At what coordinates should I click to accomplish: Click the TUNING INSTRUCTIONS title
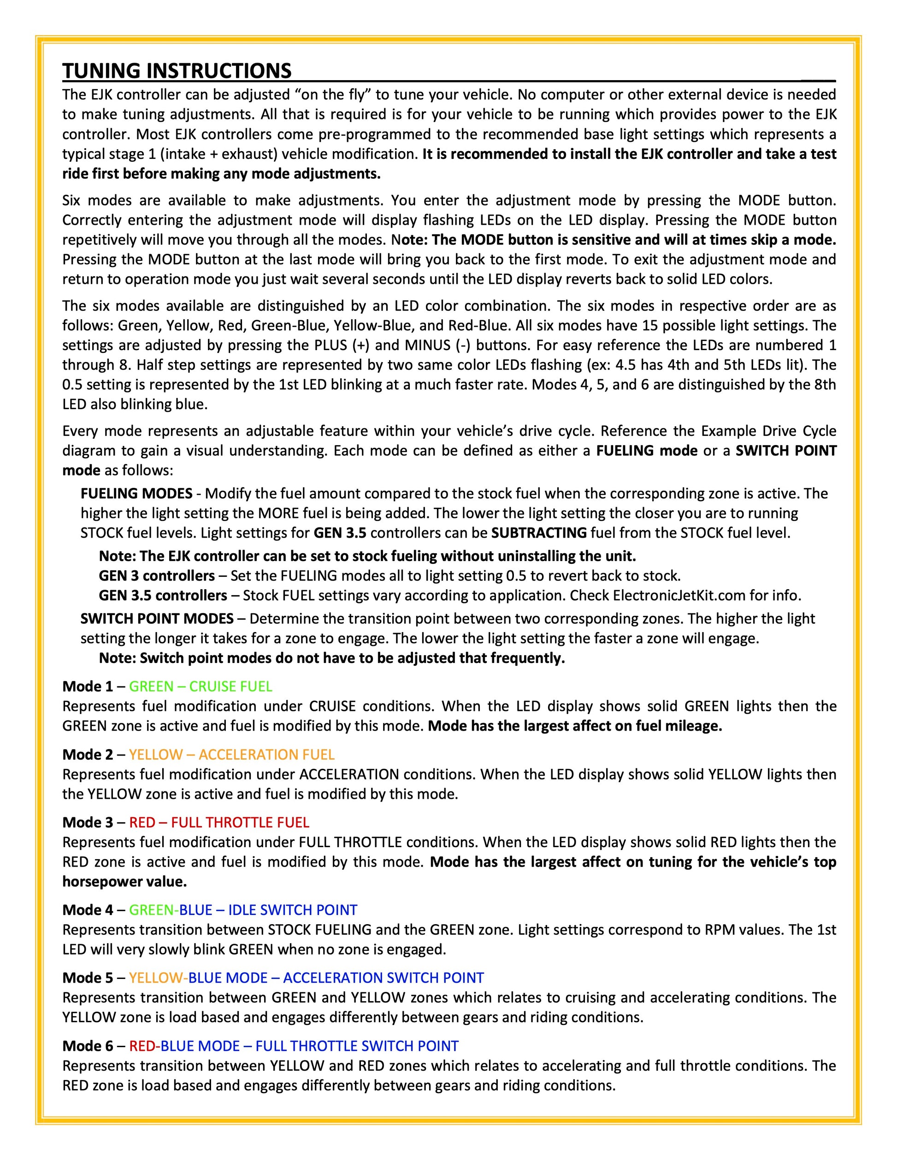pos(177,70)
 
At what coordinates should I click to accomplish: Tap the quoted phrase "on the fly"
pos(335,94)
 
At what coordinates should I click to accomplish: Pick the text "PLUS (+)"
pos(337,345)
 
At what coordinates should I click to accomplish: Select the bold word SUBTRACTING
pos(539,533)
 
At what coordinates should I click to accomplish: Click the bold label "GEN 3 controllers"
pos(157,576)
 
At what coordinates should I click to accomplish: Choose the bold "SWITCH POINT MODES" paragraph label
pos(157,619)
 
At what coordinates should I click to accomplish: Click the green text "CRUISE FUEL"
pos(230,686)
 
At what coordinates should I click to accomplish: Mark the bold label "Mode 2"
pos(87,754)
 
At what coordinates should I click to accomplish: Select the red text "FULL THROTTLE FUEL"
pos(240,822)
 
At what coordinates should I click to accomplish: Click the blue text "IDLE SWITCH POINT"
pos(293,910)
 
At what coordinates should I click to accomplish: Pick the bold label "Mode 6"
pos(87,1046)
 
